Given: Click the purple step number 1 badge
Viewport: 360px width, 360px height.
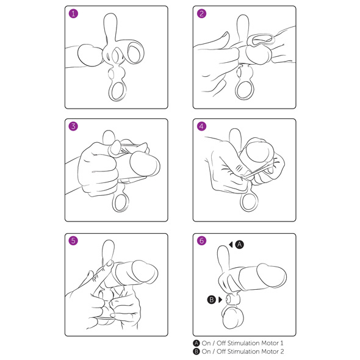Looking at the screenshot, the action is (x=73, y=13).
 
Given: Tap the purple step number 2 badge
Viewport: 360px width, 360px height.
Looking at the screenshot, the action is (x=201, y=13).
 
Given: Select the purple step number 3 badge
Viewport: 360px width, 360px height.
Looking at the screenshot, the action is (x=73, y=126).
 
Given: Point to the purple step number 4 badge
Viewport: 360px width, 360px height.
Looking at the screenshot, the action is (x=201, y=126).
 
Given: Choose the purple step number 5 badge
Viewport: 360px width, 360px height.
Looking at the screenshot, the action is (x=73, y=240).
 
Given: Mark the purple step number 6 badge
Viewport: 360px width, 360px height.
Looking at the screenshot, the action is (x=201, y=240).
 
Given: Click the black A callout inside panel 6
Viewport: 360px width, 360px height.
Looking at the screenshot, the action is (x=239, y=245).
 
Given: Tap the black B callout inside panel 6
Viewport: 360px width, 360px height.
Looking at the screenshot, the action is (x=212, y=300).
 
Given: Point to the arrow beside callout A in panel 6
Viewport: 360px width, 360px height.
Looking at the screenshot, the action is (x=231, y=245).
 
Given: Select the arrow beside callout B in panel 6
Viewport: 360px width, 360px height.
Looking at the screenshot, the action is (x=220, y=300).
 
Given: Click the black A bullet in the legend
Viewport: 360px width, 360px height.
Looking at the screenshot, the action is (x=196, y=344).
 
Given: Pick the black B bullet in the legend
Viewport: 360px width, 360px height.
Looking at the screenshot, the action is (x=196, y=351).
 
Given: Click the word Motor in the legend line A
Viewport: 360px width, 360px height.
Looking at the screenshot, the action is (x=270, y=344).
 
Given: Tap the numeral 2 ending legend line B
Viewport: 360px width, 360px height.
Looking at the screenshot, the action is (x=282, y=351).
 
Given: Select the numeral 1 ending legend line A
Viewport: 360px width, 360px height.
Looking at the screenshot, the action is (x=282, y=344).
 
